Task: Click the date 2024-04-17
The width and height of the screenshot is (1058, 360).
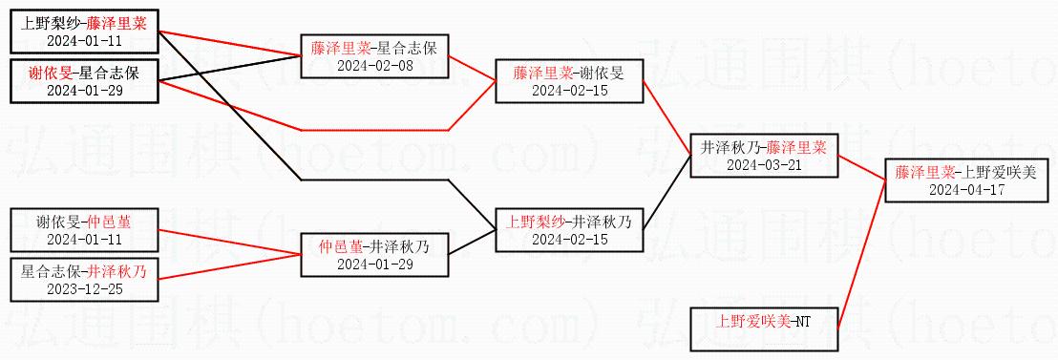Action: click(x=967, y=190)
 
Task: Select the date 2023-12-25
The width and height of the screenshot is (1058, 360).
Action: click(x=85, y=288)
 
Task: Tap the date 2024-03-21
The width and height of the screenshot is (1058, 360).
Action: click(x=763, y=164)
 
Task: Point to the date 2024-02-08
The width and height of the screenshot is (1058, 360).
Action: click(x=374, y=66)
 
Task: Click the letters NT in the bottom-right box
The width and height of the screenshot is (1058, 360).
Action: click(x=802, y=321)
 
